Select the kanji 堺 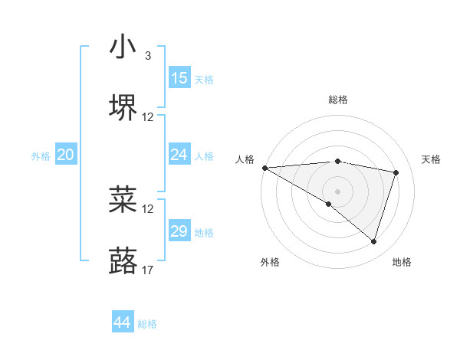coord(123,108)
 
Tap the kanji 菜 coord(123,199)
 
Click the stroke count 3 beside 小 coord(147,56)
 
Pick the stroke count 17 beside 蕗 coord(148,270)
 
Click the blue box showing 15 coord(179,78)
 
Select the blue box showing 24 coord(179,155)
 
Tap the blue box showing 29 coord(179,231)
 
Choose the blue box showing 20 coord(65,155)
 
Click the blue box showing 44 coord(122,322)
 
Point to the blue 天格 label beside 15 coord(204,80)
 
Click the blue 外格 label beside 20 coord(41,156)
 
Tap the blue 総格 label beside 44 coord(147,324)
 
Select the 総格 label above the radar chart coord(337,100)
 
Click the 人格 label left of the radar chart coord(245,159)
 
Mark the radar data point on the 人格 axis coord(264,168)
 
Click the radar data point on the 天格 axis coord(396,172)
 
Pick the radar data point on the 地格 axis coord(373,241)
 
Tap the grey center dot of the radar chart coord(337,191)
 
